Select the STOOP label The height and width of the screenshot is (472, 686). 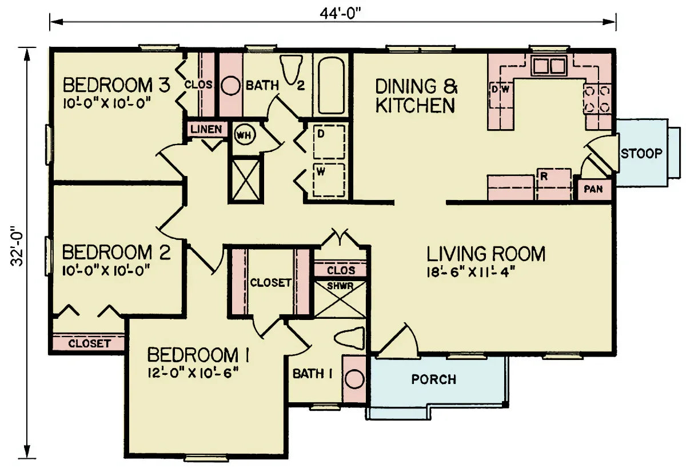[641, 153]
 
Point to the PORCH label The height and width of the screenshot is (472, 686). [434, 379]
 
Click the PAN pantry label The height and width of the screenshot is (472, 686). [593, 189]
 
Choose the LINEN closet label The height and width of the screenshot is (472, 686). [206, 129]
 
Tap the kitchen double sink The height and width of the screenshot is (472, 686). [548, 67]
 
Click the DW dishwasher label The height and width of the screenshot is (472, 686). [500, 89]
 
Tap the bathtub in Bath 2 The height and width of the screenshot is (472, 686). [332, 86]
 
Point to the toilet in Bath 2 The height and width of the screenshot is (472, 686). [292, 69]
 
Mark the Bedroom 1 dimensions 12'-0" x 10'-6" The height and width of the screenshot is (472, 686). [192, 373]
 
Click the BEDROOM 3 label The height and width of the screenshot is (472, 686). [116, 86]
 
